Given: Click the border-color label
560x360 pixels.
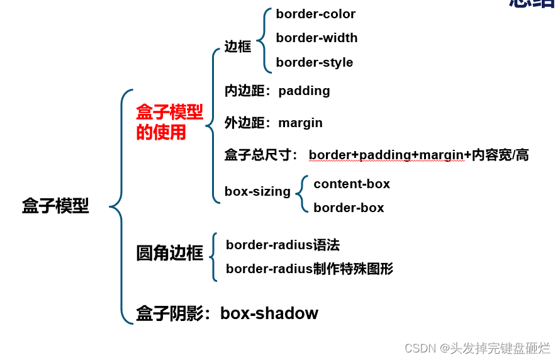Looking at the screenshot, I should [315, 14].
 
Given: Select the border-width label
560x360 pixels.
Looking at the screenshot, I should [316, 38].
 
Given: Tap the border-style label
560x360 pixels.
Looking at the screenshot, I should [314, 62].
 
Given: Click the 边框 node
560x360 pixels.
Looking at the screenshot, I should [238, 47].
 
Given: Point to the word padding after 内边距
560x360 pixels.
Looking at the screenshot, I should [304, 91].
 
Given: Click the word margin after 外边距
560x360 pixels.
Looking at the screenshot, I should [300, 123].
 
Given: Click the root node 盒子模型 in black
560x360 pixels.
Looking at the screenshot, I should [55, 206].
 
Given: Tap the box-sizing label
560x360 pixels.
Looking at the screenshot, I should [257, 191].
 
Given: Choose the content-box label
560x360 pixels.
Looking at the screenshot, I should [352, 184].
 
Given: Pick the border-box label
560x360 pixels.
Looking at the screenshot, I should [349, 208].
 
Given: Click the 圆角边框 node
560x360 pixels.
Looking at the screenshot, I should [169, 253].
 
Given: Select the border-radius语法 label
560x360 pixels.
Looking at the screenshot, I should [283, 245].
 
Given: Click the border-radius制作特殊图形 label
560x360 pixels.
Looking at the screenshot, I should [310, 269].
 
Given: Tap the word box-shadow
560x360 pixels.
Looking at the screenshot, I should [269, 313].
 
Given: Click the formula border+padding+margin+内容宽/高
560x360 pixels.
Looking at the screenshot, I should [418, 155].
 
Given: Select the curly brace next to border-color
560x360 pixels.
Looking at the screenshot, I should [264, 38].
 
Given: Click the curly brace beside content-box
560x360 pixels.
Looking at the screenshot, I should [303, 195].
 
